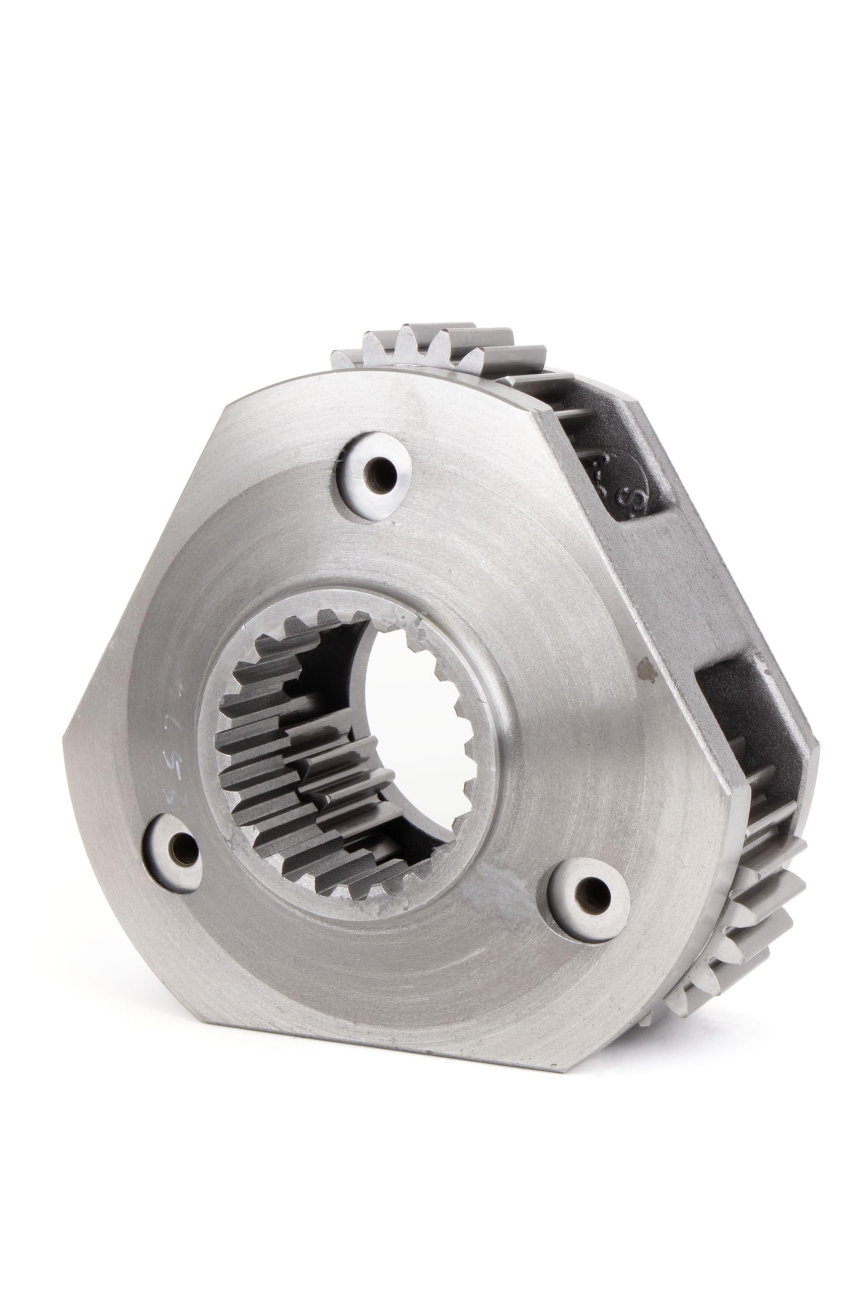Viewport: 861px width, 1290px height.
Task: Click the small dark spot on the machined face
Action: coord(643,667)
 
